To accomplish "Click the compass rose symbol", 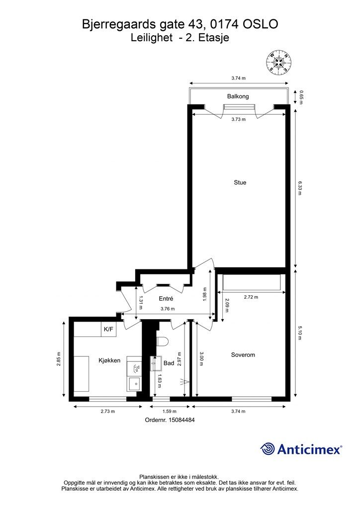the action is click(278, 62).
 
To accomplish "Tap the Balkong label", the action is click(238, 96).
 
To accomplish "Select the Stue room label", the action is click(240, 182).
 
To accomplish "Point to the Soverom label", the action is click(243, 355).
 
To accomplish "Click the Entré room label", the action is click(166, 299).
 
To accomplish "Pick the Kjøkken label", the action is click(109, 360).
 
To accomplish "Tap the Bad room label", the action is click(169, 363).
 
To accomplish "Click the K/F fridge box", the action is click(109, 329).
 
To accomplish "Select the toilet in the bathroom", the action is click(162, 341).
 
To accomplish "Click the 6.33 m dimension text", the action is click(300, 188).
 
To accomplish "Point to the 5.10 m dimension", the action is click(300, 333).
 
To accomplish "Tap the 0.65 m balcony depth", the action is click(301, 97).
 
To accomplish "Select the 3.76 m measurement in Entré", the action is click(168, 309).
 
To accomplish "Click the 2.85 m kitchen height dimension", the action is click(59, 359).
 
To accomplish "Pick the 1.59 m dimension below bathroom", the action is click(170, 411).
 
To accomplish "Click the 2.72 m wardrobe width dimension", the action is click(251, 297).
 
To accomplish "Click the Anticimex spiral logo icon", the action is click(268, 449).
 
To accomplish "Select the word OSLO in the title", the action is click(261, 24).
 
